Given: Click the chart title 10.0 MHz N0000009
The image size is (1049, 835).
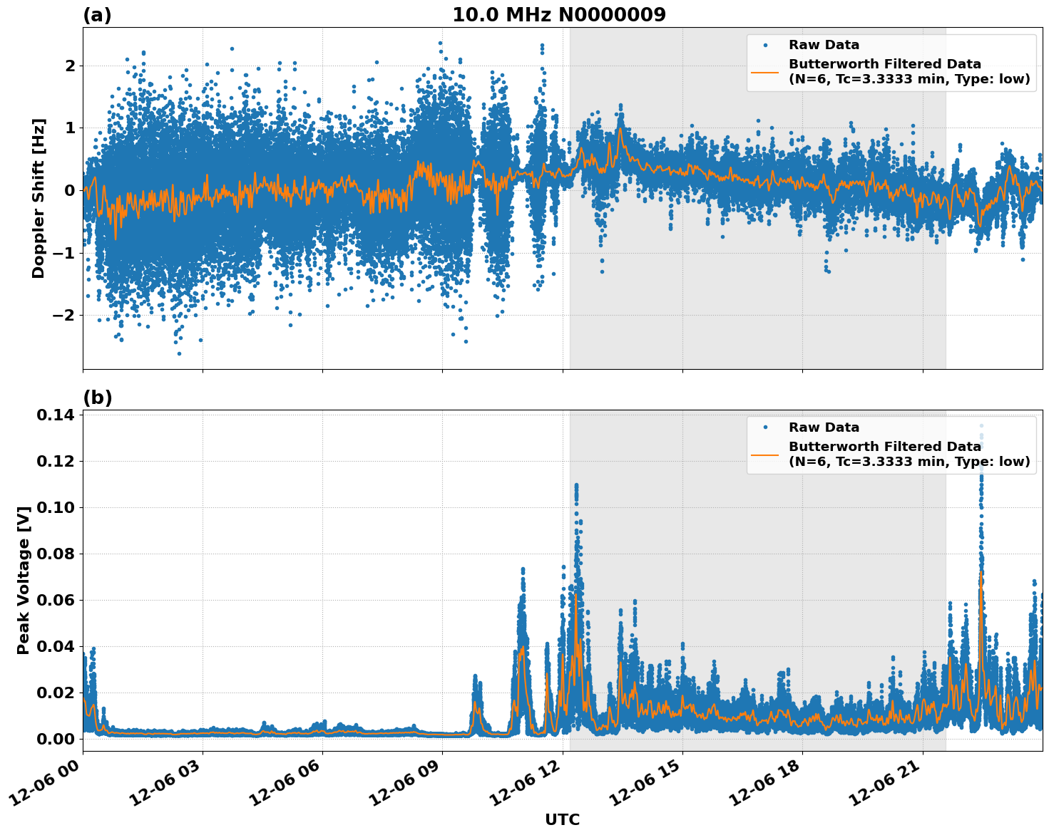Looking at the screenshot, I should tap(559, 15).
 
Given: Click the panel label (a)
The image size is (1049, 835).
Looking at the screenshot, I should tap(97, 15).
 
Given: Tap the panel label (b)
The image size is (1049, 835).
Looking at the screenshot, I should tap(97, 398).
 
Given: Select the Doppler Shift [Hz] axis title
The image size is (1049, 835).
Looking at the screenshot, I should tap(39, 198).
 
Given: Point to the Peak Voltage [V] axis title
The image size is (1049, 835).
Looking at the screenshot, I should tap(24, 580).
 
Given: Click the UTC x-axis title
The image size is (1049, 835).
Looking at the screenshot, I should tap(562, 819).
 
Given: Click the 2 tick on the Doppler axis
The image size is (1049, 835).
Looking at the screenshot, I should tap(70, 66).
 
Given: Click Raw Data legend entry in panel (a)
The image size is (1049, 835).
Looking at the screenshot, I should tap(824, 45).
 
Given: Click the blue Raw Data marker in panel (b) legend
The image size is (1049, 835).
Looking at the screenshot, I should tap(765, 427).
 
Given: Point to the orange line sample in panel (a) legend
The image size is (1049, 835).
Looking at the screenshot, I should tap(765, 71).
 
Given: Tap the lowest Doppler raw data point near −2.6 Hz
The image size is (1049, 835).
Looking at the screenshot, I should tap(179, 353).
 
